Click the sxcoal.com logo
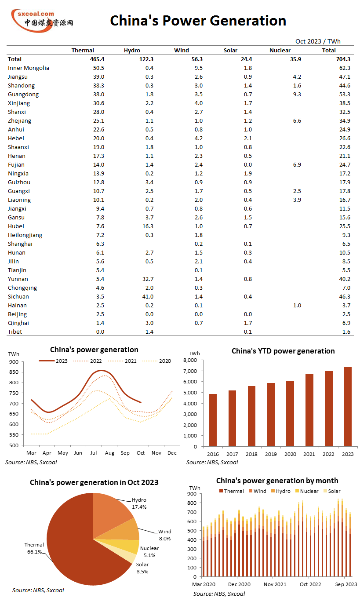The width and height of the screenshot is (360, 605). point(42,21)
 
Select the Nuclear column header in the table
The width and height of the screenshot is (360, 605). point(280,50)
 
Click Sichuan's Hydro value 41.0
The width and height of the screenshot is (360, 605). point(148,296)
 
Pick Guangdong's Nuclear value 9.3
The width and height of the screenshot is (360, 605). point(297,94)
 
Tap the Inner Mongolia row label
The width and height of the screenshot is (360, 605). point(29,68)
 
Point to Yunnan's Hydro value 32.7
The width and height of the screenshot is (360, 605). point(148,279)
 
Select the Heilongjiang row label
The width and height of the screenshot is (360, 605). point(25,235)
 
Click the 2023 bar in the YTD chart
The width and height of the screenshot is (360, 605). point(348,406)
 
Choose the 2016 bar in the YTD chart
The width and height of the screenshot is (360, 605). point(213,420)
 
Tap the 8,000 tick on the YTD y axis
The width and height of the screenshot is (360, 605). point(190,360)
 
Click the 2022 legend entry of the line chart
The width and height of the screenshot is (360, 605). point(87,361)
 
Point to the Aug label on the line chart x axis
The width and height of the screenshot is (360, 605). point(109,453)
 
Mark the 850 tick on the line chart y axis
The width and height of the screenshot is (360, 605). point(14,372)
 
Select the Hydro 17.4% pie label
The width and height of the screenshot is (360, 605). point(139,503)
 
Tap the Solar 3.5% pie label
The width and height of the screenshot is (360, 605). point(142,568)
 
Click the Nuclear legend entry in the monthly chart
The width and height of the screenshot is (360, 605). point(307,491)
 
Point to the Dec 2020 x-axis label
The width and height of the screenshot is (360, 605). point(239,584)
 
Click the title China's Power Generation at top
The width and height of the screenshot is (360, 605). point(198,21)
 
